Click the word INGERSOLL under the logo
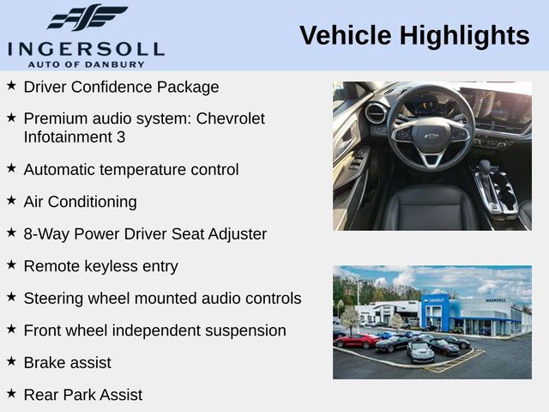click(x=86, y=48)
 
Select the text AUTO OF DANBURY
click(x=86, y=64)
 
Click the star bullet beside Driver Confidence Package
click(x=11, y=86)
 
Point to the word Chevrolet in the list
click(x=231, y=118)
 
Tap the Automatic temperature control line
click(x=131, y=169)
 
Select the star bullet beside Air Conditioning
click(x=11, y=200)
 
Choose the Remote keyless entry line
click(x=101, y=266)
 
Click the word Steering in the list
click(x=55, y=298)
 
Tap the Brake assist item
click(x=68, y=362)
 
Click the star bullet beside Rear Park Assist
click(x=11, y=393)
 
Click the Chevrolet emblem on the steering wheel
click(x=431, y=136)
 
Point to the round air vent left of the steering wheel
click(x=375, y=112)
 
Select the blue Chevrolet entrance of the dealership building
click(x=435, y=313)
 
